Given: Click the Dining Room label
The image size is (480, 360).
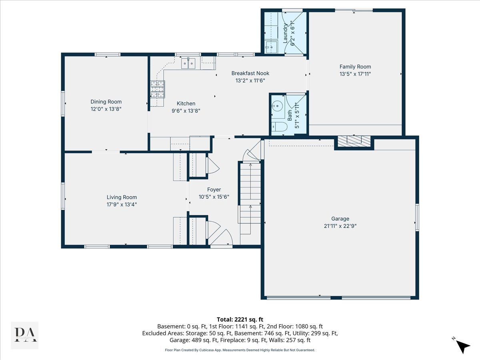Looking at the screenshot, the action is click(106, 102).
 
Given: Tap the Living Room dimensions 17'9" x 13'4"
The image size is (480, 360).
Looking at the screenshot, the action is click(122, 204).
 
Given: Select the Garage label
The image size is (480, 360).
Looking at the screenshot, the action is click(340, 218).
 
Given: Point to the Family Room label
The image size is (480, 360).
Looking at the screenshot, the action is click(355, 67).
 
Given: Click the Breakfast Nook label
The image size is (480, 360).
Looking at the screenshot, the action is click(250, 73).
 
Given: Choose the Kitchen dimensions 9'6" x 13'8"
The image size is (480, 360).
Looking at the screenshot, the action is click(186, 111).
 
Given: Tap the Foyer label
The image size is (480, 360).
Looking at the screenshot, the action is click(214, 190).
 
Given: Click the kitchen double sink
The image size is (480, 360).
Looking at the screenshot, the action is click(188, 63).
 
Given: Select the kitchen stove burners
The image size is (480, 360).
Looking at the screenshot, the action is click(158, 89).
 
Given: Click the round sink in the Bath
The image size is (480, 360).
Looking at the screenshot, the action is click(277, 106).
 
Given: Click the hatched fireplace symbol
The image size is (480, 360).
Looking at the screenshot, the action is click(354, 141).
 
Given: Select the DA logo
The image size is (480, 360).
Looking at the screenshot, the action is click(25, 335).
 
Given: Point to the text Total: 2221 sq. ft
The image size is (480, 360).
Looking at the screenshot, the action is click(240, 319).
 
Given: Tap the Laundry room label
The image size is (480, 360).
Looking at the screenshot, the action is click(285, 33).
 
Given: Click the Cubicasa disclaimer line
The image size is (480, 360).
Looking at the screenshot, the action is click(240, 350).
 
